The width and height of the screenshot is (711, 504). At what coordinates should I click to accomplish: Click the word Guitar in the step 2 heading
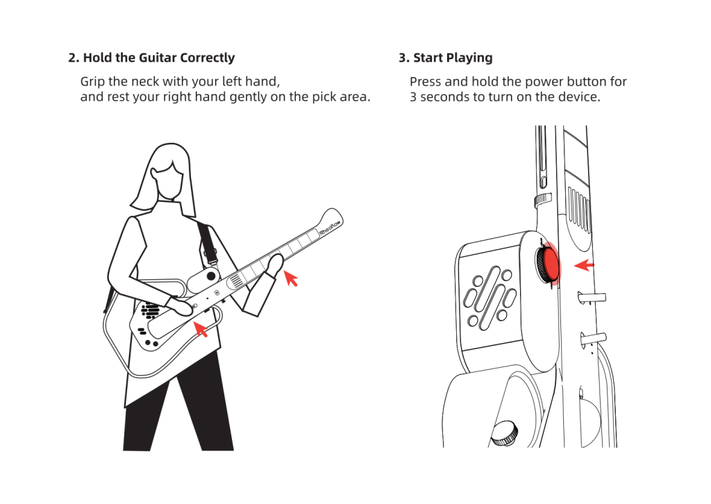point(158,58)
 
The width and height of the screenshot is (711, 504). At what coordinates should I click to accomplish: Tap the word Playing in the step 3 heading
point(470,58)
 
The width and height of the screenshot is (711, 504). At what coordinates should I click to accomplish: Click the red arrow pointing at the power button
point(583,264)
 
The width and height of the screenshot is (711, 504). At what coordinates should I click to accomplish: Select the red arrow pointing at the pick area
point(201,328)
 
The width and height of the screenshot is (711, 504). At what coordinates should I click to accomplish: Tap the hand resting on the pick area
point(180,307)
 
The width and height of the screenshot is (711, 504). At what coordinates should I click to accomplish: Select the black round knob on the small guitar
point(211,276)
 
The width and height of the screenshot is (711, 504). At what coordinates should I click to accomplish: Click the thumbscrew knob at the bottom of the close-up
point(505,433)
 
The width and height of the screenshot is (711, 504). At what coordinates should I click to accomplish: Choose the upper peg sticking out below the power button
point(592,298)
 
